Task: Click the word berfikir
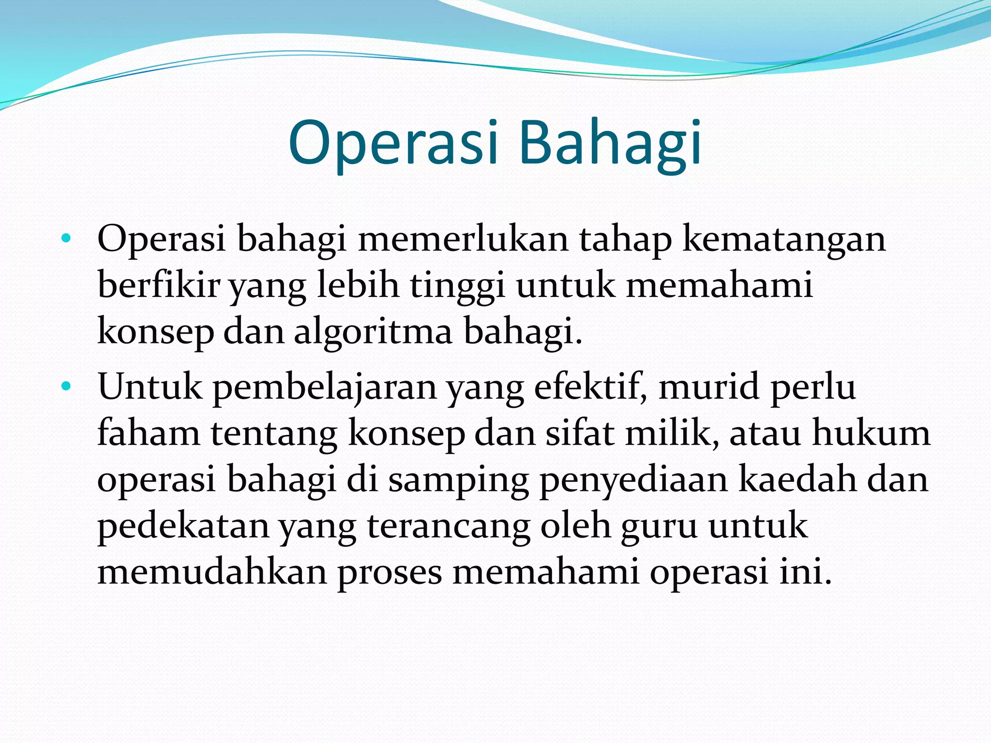[159, 285]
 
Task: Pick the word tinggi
[458, 286]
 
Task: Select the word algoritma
[373, 332]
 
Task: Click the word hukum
[871, 433]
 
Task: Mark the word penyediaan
[633, 480]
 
